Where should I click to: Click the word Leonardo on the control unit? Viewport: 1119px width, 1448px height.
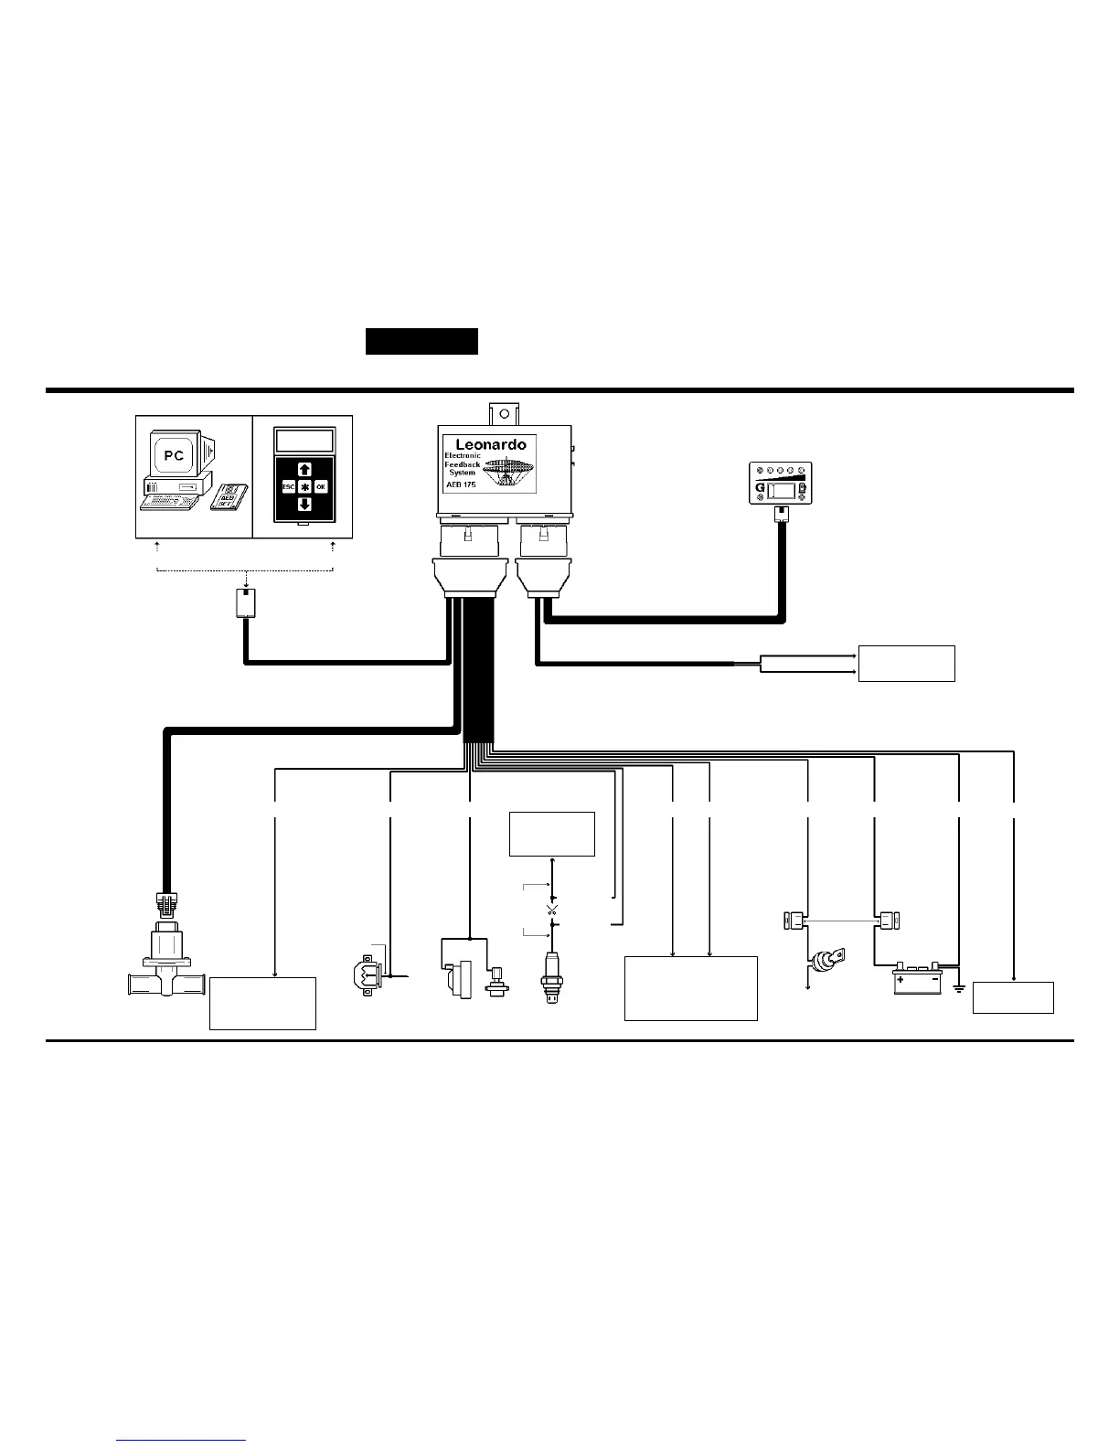[491, 444]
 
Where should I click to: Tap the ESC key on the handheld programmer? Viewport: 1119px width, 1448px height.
[288, 487]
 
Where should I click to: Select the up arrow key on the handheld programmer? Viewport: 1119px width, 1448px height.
[304, 470]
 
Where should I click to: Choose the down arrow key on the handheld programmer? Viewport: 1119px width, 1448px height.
[304, 504]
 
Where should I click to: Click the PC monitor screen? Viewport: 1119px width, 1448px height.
[174, 455]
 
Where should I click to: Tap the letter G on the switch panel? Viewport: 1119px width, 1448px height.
[759, 491]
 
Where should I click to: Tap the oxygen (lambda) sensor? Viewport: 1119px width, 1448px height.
[549, 978]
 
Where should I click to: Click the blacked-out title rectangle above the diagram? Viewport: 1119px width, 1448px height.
[421, 341]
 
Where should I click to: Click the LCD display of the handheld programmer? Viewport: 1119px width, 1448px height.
[304, 441]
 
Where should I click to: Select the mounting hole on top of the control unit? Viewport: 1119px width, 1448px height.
[502, 412]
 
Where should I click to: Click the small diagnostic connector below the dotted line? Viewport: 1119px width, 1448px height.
[246, 603]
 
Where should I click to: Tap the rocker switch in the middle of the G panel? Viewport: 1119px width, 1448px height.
[783, 491]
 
